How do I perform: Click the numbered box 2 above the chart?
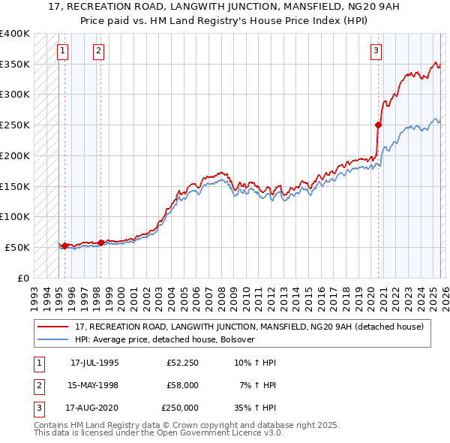click(98, 51)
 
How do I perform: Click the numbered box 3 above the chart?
click(376, 51)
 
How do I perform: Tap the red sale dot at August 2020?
click(379, 125)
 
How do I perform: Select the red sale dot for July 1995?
click(65, 246)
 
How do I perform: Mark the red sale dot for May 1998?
click(100, 242)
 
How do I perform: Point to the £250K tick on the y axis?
click(15, 125)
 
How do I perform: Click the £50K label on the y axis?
click(18, 247)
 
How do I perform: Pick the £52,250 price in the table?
click(183, 363)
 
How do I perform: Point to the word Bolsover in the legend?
click(238, 339)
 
